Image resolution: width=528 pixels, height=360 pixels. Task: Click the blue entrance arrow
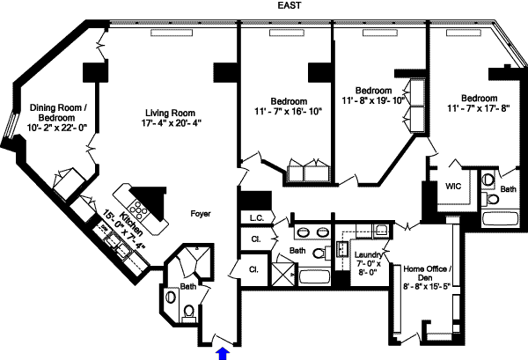click(x=223, y=352)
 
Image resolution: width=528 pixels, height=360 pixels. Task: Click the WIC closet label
click(x=454, y=187)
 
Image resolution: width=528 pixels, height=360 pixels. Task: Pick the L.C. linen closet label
click(x=257, y=217)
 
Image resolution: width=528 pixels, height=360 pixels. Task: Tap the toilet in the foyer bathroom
click(x=190, y=309)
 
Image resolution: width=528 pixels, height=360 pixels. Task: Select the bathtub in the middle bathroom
click(x=315, y=276)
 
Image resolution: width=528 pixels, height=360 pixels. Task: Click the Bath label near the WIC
click(x=509, y=189)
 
